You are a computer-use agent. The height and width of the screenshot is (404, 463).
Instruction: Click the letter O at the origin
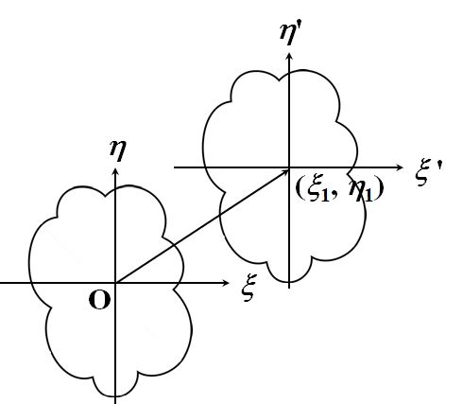[99, 300]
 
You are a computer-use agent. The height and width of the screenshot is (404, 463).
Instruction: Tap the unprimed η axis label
[118, 150]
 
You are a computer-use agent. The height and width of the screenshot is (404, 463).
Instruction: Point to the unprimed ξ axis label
[249, 288]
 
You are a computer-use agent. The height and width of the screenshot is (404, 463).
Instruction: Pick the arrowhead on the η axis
[115, 171]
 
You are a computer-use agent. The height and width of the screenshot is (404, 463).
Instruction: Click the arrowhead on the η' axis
[289, 57]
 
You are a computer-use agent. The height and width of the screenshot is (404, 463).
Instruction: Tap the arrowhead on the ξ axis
[226, 283]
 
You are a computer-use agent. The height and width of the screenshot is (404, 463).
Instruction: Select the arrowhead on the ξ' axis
[399, 167]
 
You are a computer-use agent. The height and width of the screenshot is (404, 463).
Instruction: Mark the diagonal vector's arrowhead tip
[288, 170]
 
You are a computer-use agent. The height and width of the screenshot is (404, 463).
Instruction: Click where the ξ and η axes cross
[115, 283]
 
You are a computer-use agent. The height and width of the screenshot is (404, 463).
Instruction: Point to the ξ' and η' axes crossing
[289, 167]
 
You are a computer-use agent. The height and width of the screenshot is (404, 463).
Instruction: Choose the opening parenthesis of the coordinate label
[300, 189]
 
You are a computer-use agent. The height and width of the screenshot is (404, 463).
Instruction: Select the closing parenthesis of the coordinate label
[379, 190]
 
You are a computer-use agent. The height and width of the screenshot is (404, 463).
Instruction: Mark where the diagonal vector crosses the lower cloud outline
[173, 245]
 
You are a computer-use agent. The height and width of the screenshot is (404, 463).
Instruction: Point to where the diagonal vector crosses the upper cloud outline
[220, 215]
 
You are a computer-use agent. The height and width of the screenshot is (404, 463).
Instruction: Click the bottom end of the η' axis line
[289, 288]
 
